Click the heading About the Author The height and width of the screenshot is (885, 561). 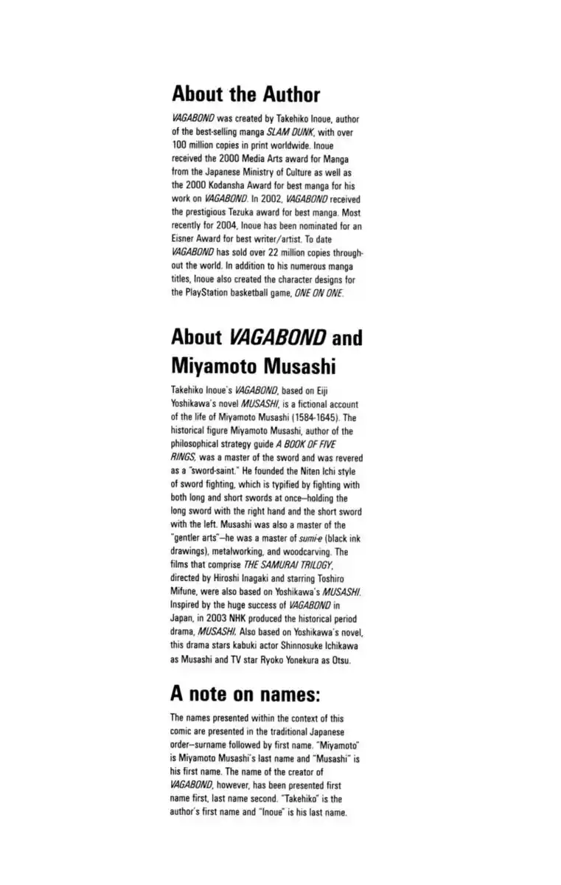point(245,95)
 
